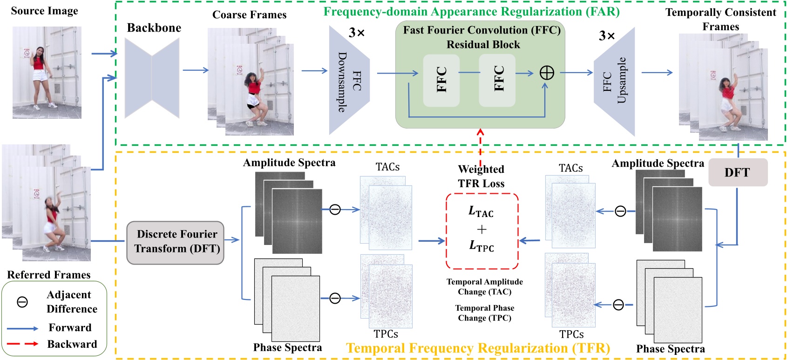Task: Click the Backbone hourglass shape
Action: click(152, 78)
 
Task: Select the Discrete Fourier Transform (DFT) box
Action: click(176, 242)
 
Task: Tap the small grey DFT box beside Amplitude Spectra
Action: click(738, 173)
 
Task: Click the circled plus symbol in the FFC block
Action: click(546, 73)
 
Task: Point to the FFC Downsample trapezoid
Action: click(349, 80)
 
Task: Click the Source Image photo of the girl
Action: click(47, 72)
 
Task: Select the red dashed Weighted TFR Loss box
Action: click(482, 231)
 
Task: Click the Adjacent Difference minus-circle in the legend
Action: click(22, 302)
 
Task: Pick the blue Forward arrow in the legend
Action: click(22, 328)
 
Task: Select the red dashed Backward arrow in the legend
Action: click(22, 344)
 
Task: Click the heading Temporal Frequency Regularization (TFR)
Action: click(478, 348)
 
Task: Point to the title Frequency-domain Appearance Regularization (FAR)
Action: click(471, 12)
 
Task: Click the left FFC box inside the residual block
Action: click(441, 80)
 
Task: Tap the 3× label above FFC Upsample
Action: click(607, 35)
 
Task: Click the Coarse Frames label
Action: click(249, 15)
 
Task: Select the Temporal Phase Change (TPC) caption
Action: click(484, 313)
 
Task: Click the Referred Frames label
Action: click(48, 275)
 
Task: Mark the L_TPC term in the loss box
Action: click(482, 246)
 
